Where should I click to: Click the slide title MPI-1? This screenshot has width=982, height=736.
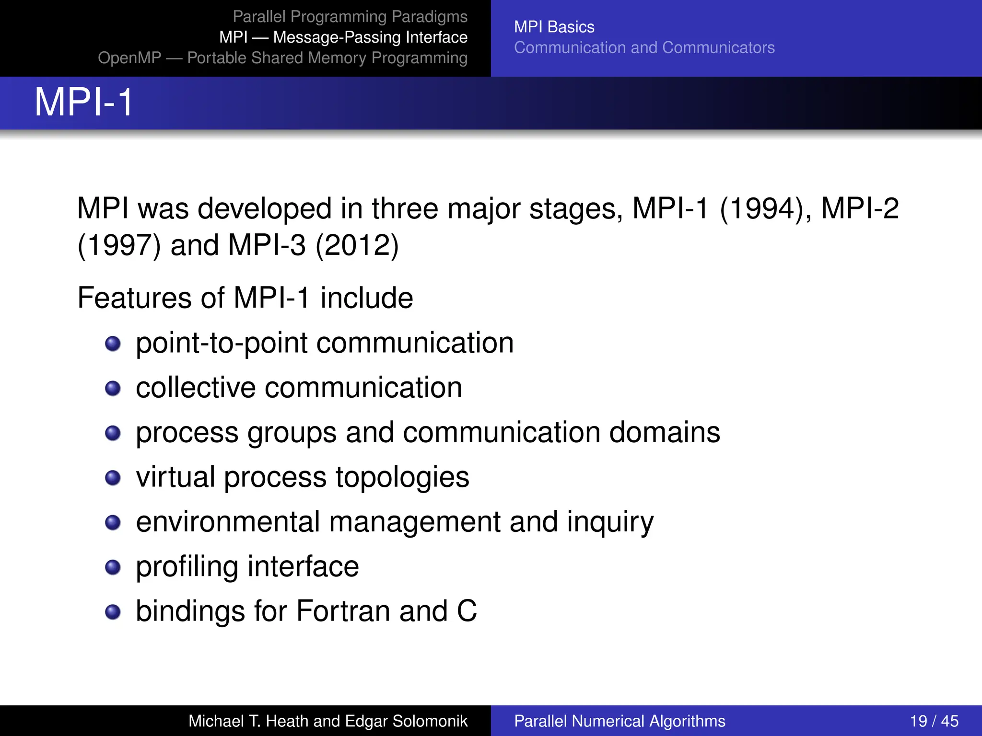point(84,102)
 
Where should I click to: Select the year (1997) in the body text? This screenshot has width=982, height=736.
point(119,245)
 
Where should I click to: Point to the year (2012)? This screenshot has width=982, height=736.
point(357,245)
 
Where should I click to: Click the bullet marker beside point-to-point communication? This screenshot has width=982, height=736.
point(113,344)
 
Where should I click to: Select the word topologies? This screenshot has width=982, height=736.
point(402,477)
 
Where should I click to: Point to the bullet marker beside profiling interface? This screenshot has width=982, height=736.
point(113,567)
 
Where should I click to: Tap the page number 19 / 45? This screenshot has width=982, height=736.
point(934,721)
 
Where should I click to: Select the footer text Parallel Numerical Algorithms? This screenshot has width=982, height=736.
point(620,721)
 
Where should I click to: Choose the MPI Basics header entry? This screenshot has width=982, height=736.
point(554,27)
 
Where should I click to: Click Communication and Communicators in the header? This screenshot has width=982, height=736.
point(644,47)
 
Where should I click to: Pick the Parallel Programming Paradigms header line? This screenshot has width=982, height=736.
point(350,17)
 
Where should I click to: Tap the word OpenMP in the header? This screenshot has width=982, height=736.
point(129,58)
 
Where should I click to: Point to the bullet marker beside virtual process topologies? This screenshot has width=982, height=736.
point(113,478)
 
